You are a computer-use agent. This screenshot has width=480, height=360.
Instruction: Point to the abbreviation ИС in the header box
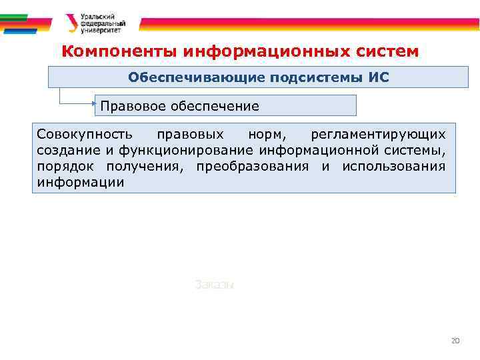(378, 77)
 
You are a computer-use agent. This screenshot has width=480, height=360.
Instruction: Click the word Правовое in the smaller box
(133, 105)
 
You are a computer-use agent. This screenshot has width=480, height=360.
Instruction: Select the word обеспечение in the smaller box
(215, 105)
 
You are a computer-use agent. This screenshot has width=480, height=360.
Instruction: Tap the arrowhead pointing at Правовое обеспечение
(95, 105)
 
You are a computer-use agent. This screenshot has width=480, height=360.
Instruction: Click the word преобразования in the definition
(253, 166)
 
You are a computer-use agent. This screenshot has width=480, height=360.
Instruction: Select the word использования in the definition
(393, 166)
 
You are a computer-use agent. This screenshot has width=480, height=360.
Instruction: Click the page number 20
(455, 341)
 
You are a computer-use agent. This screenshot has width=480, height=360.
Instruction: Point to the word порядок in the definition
(63, 166)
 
